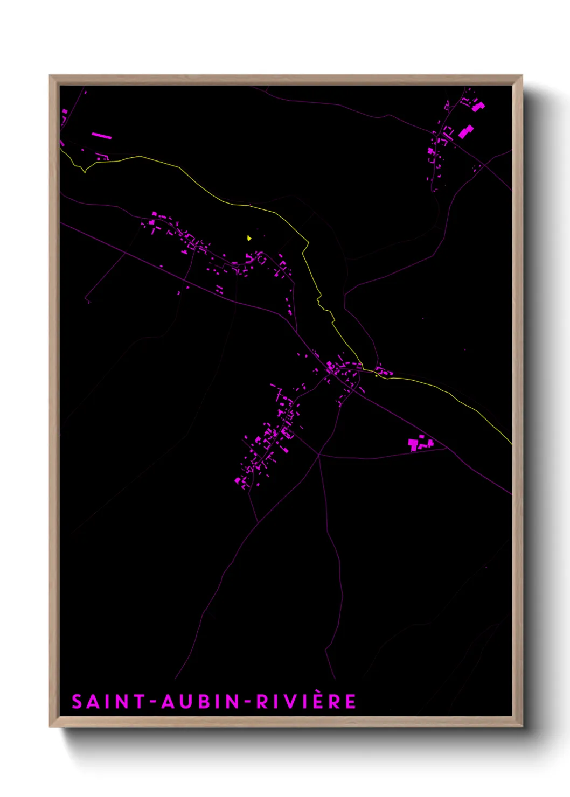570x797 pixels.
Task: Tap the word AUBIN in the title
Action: tap(201, 702)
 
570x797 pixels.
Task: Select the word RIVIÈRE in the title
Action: tap(305, 701)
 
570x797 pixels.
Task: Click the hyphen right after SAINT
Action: tap(154, 702)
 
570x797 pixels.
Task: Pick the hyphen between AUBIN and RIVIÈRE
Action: tap(248, 702)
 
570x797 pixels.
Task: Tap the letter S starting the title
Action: tap(77, 702)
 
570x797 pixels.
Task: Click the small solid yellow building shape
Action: tap(249, 237)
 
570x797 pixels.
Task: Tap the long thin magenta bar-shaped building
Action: tap(101, 136)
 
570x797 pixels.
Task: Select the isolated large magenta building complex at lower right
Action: tap(420, 444)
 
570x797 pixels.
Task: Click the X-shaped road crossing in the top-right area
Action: tap(484, 164)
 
